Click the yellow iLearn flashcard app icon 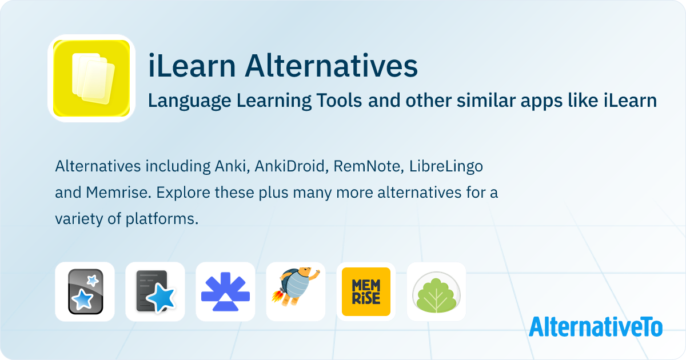point(91,78)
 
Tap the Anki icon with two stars point(85,291)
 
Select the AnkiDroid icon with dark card point(155,291)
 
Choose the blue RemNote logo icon point(225,291)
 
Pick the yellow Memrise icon point(366,291)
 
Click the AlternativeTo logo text point(595,327)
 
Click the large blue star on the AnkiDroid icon point(165,298)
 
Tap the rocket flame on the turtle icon point(278,297)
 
